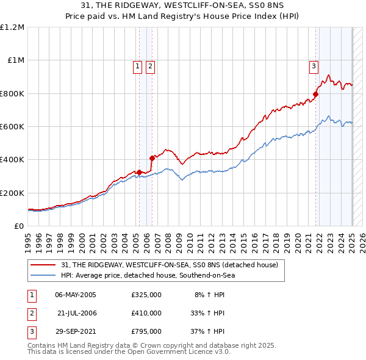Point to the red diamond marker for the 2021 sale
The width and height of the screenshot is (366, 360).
(316, 94)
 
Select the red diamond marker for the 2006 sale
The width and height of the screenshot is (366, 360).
(152, 158)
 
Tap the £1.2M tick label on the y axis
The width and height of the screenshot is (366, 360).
(12, 27)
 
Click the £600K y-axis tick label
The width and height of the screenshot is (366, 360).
(12, 126)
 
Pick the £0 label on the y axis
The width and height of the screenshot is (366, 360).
(19, 226)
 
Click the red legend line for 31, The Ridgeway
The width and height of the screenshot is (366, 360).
(43, 265)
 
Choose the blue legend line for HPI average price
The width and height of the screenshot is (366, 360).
(43, 275)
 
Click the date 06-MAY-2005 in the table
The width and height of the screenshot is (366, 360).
(76, 294)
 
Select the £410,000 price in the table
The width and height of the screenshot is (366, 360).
(146, 313)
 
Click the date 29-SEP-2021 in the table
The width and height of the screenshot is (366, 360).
(76, 332)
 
